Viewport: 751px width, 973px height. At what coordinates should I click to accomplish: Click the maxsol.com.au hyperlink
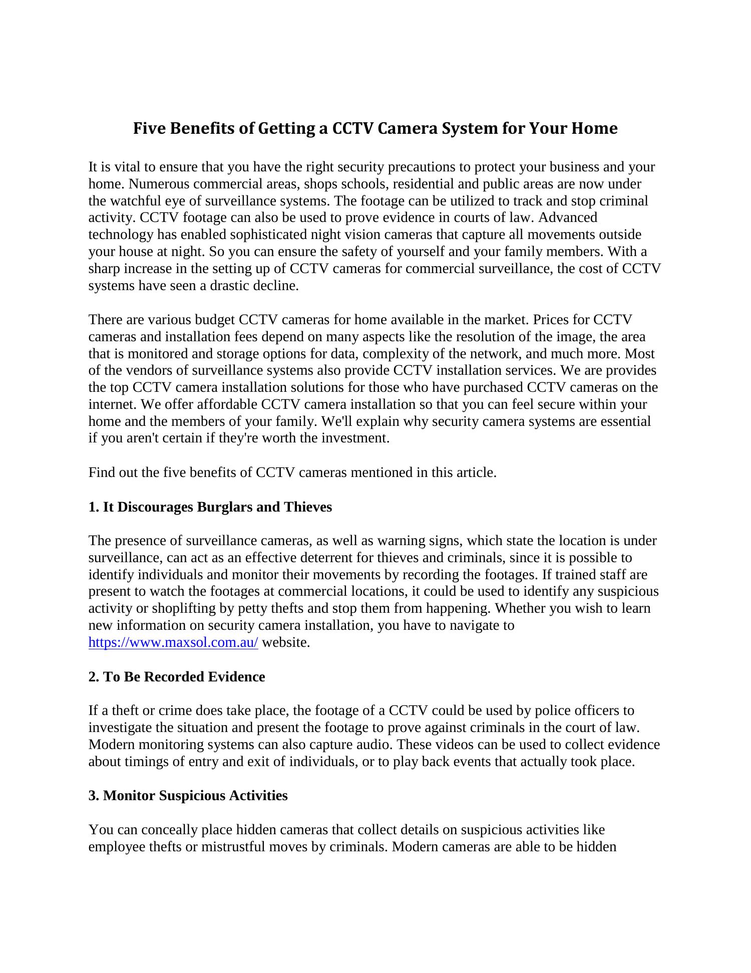click(173, 642)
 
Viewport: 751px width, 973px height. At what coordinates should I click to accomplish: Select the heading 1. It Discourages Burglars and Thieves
click(210, 507)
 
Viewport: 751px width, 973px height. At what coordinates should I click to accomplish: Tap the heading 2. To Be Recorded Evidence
click(177, 677)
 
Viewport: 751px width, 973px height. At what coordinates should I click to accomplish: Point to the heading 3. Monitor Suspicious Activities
click(188, 796)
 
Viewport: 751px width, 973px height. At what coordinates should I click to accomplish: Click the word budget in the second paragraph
click(215, 320)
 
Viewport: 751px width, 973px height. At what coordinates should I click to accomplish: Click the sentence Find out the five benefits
click(292, 472)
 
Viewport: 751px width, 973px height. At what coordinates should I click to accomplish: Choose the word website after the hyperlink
click(286, 642)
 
